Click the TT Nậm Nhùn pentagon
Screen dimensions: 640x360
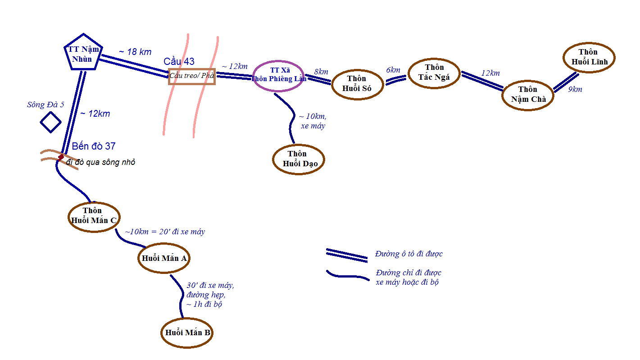tap(83, 53)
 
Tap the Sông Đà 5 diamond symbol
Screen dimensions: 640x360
tap(50, 122)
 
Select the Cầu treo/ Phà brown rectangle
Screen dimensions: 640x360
tap(192, 76)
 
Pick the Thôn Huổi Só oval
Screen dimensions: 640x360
tap(357, 83)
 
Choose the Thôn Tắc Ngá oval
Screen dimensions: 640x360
tap(434, 73)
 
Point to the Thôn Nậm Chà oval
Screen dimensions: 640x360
tap(528, 95)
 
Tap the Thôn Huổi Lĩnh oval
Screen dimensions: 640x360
tap(589, 57)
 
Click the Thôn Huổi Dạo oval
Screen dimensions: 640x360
tap(298, 159)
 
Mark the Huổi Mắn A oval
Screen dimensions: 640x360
tap(164, 258)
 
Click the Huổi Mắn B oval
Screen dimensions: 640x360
tap(187, 333)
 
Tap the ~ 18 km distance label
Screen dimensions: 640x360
tap(135, 52)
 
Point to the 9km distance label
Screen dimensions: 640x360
tap(575, 89)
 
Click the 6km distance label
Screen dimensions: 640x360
tap(393, 70)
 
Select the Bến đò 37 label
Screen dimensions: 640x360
tap(94, 146)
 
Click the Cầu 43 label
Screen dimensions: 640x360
tap(179, 62)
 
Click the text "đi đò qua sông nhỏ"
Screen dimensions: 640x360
tap(100, 162)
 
